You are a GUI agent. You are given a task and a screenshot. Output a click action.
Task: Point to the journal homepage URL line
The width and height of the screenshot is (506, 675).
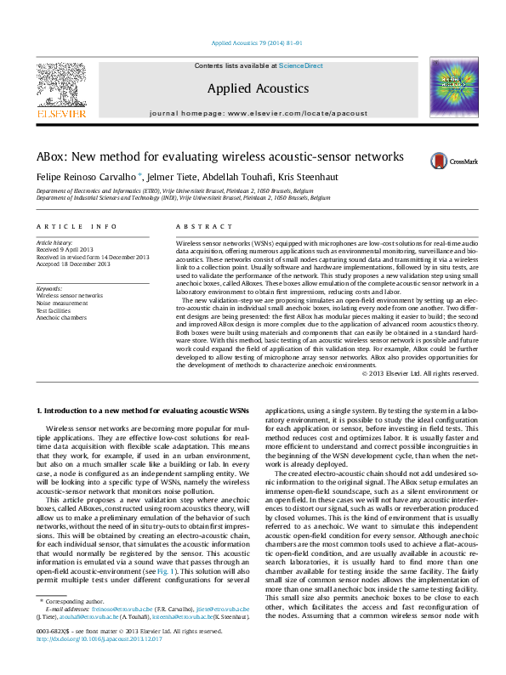coord(253,112)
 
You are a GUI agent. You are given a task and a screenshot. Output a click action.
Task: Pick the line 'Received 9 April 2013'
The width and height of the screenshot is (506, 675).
coord(65,249)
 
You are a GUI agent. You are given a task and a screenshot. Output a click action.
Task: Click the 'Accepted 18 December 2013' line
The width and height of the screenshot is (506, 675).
coord(72,263)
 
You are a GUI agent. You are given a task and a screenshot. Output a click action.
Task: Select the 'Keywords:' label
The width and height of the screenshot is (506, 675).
coord(49,289)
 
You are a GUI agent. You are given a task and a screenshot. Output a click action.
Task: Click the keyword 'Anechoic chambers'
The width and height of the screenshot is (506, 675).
coord(62,317)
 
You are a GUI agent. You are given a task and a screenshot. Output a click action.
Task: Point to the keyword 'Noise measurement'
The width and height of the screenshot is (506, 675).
coord(64,303)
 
